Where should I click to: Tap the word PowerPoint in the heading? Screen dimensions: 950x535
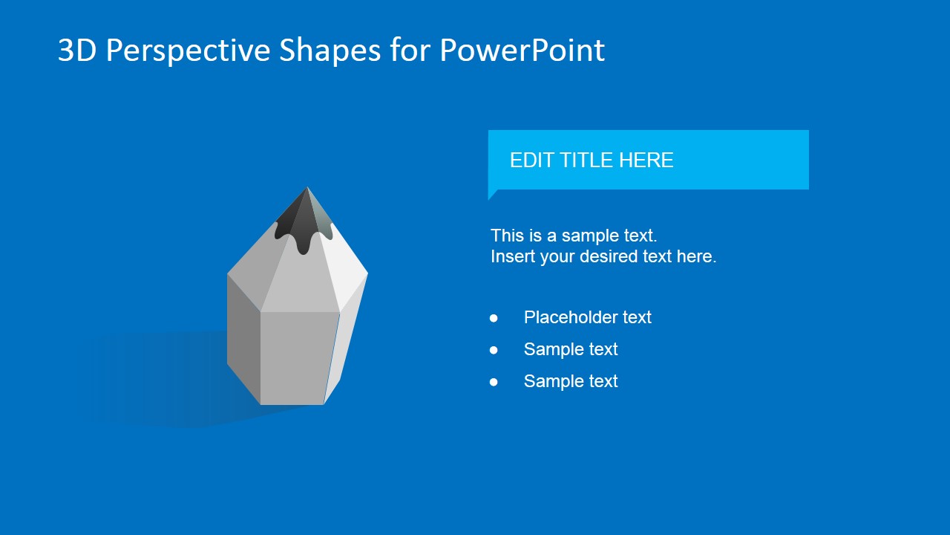click(522, 50)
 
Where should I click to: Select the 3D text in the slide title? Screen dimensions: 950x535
click(76, 50)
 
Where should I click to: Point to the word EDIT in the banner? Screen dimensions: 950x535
click(532, 160)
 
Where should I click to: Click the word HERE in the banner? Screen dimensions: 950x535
click(646, 160)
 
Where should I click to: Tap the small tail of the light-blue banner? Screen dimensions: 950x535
click(492, 194)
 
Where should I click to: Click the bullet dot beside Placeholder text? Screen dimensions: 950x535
click(494, 318)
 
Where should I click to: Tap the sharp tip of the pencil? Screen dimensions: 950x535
click(307, 188)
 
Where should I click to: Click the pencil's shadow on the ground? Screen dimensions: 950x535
click(170, 378)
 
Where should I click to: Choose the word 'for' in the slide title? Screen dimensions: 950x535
click(410, 50)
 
